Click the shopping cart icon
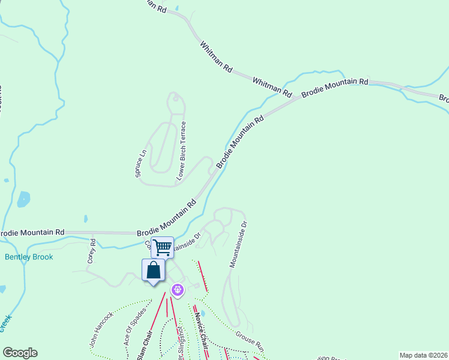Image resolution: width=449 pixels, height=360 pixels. [162, 247]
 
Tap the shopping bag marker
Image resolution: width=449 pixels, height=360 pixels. [154, 270]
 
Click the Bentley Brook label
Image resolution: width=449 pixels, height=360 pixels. [29, 257]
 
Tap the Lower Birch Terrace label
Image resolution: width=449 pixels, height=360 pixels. [181, 151]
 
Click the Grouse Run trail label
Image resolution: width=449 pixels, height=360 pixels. [250, 340]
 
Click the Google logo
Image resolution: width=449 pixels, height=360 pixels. [20, 353]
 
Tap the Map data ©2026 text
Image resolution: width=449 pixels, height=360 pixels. [423, 355]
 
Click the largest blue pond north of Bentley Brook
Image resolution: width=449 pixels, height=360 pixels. [23, 199]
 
